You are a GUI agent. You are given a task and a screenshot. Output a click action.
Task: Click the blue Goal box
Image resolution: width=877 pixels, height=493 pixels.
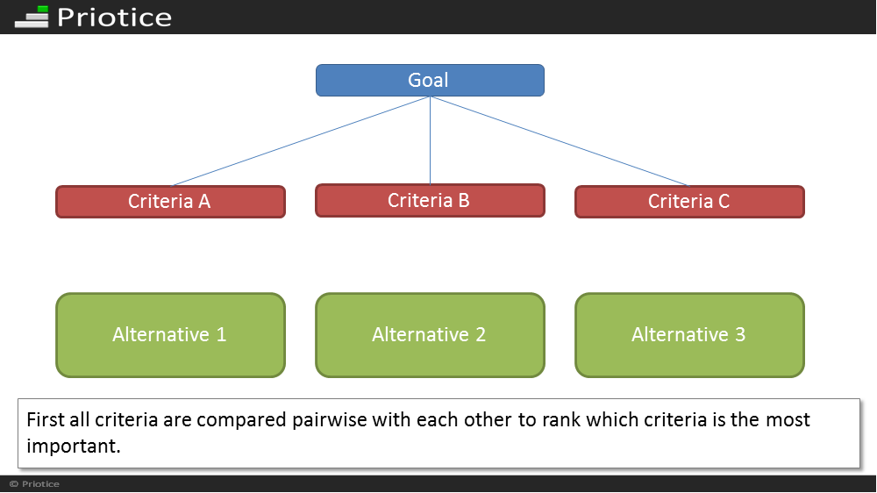[430, 80]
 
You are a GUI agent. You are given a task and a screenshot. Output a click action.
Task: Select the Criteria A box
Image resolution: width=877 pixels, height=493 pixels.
[171, 202]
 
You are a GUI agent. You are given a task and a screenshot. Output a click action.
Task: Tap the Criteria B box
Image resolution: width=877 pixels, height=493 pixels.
[430, 200]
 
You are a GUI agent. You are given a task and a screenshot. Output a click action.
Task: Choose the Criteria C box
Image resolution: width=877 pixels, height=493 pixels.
[689, 202]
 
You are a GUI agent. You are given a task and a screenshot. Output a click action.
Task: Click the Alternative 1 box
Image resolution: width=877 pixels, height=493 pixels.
[171, 335]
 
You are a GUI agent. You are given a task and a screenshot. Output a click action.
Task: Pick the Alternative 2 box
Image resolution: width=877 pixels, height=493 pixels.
[430, 335]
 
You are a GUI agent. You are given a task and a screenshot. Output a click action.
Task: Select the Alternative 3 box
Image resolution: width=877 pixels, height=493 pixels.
[689, 335]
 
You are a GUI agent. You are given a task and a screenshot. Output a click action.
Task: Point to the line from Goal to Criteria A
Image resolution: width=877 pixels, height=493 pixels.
[300, 141]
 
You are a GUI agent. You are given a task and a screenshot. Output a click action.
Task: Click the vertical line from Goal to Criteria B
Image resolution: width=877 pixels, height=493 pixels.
[430, 140]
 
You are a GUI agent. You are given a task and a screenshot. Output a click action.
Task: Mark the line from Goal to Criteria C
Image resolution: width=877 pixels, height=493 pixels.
[560, 141]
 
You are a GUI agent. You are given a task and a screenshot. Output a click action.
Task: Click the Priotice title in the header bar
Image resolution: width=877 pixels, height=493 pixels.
[114, 18]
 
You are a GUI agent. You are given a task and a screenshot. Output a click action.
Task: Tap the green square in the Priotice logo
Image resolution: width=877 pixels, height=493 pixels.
[42, 11]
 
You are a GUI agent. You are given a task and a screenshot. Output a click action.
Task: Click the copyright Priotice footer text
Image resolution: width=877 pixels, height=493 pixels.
[34, 484]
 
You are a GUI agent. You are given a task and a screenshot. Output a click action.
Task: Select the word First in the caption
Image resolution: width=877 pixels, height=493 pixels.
[46, 419]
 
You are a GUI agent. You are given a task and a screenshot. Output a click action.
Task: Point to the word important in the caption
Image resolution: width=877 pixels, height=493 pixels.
[73, 446]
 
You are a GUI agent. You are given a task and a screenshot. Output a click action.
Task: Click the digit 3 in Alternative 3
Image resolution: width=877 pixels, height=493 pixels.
[740, 334]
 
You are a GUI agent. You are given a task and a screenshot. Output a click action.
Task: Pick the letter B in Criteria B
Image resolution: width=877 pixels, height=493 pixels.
[464, 200]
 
